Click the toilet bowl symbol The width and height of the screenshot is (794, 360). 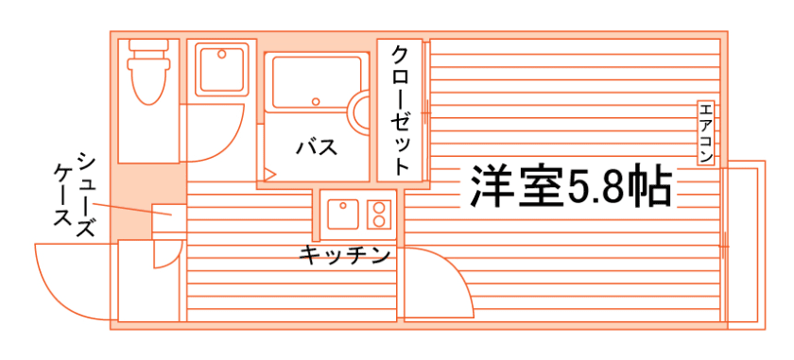pyautogui.click(x=148, y=81)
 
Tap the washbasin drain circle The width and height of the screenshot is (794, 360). pyautogui.click(x=221, y=53)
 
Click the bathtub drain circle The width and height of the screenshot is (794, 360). pyautogui.click(x=316, y=101)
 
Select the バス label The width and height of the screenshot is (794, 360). pyautogui.click(x=317, y=147)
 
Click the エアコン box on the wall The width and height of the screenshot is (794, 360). pyautogui.click(x=705, y=133)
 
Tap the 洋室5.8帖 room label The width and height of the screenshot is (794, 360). pyautogui.click(x=571, y=186)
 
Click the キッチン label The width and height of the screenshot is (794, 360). pyautogui.click(x=344, y=255)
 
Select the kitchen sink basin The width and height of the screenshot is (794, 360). pyautogui.click(x=343, y=214)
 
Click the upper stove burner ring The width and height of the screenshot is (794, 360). pyautogui.click(x=378, y=207)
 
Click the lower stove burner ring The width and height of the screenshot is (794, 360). pyautogui.click(x=378, y=221)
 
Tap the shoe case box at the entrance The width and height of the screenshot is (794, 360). pyautogui.click(x=169, y=221)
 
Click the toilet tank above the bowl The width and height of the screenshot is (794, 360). pyautogui.click(x=148, y=44)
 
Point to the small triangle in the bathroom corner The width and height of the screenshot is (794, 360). pyautogui.click(x=269, y=175)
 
